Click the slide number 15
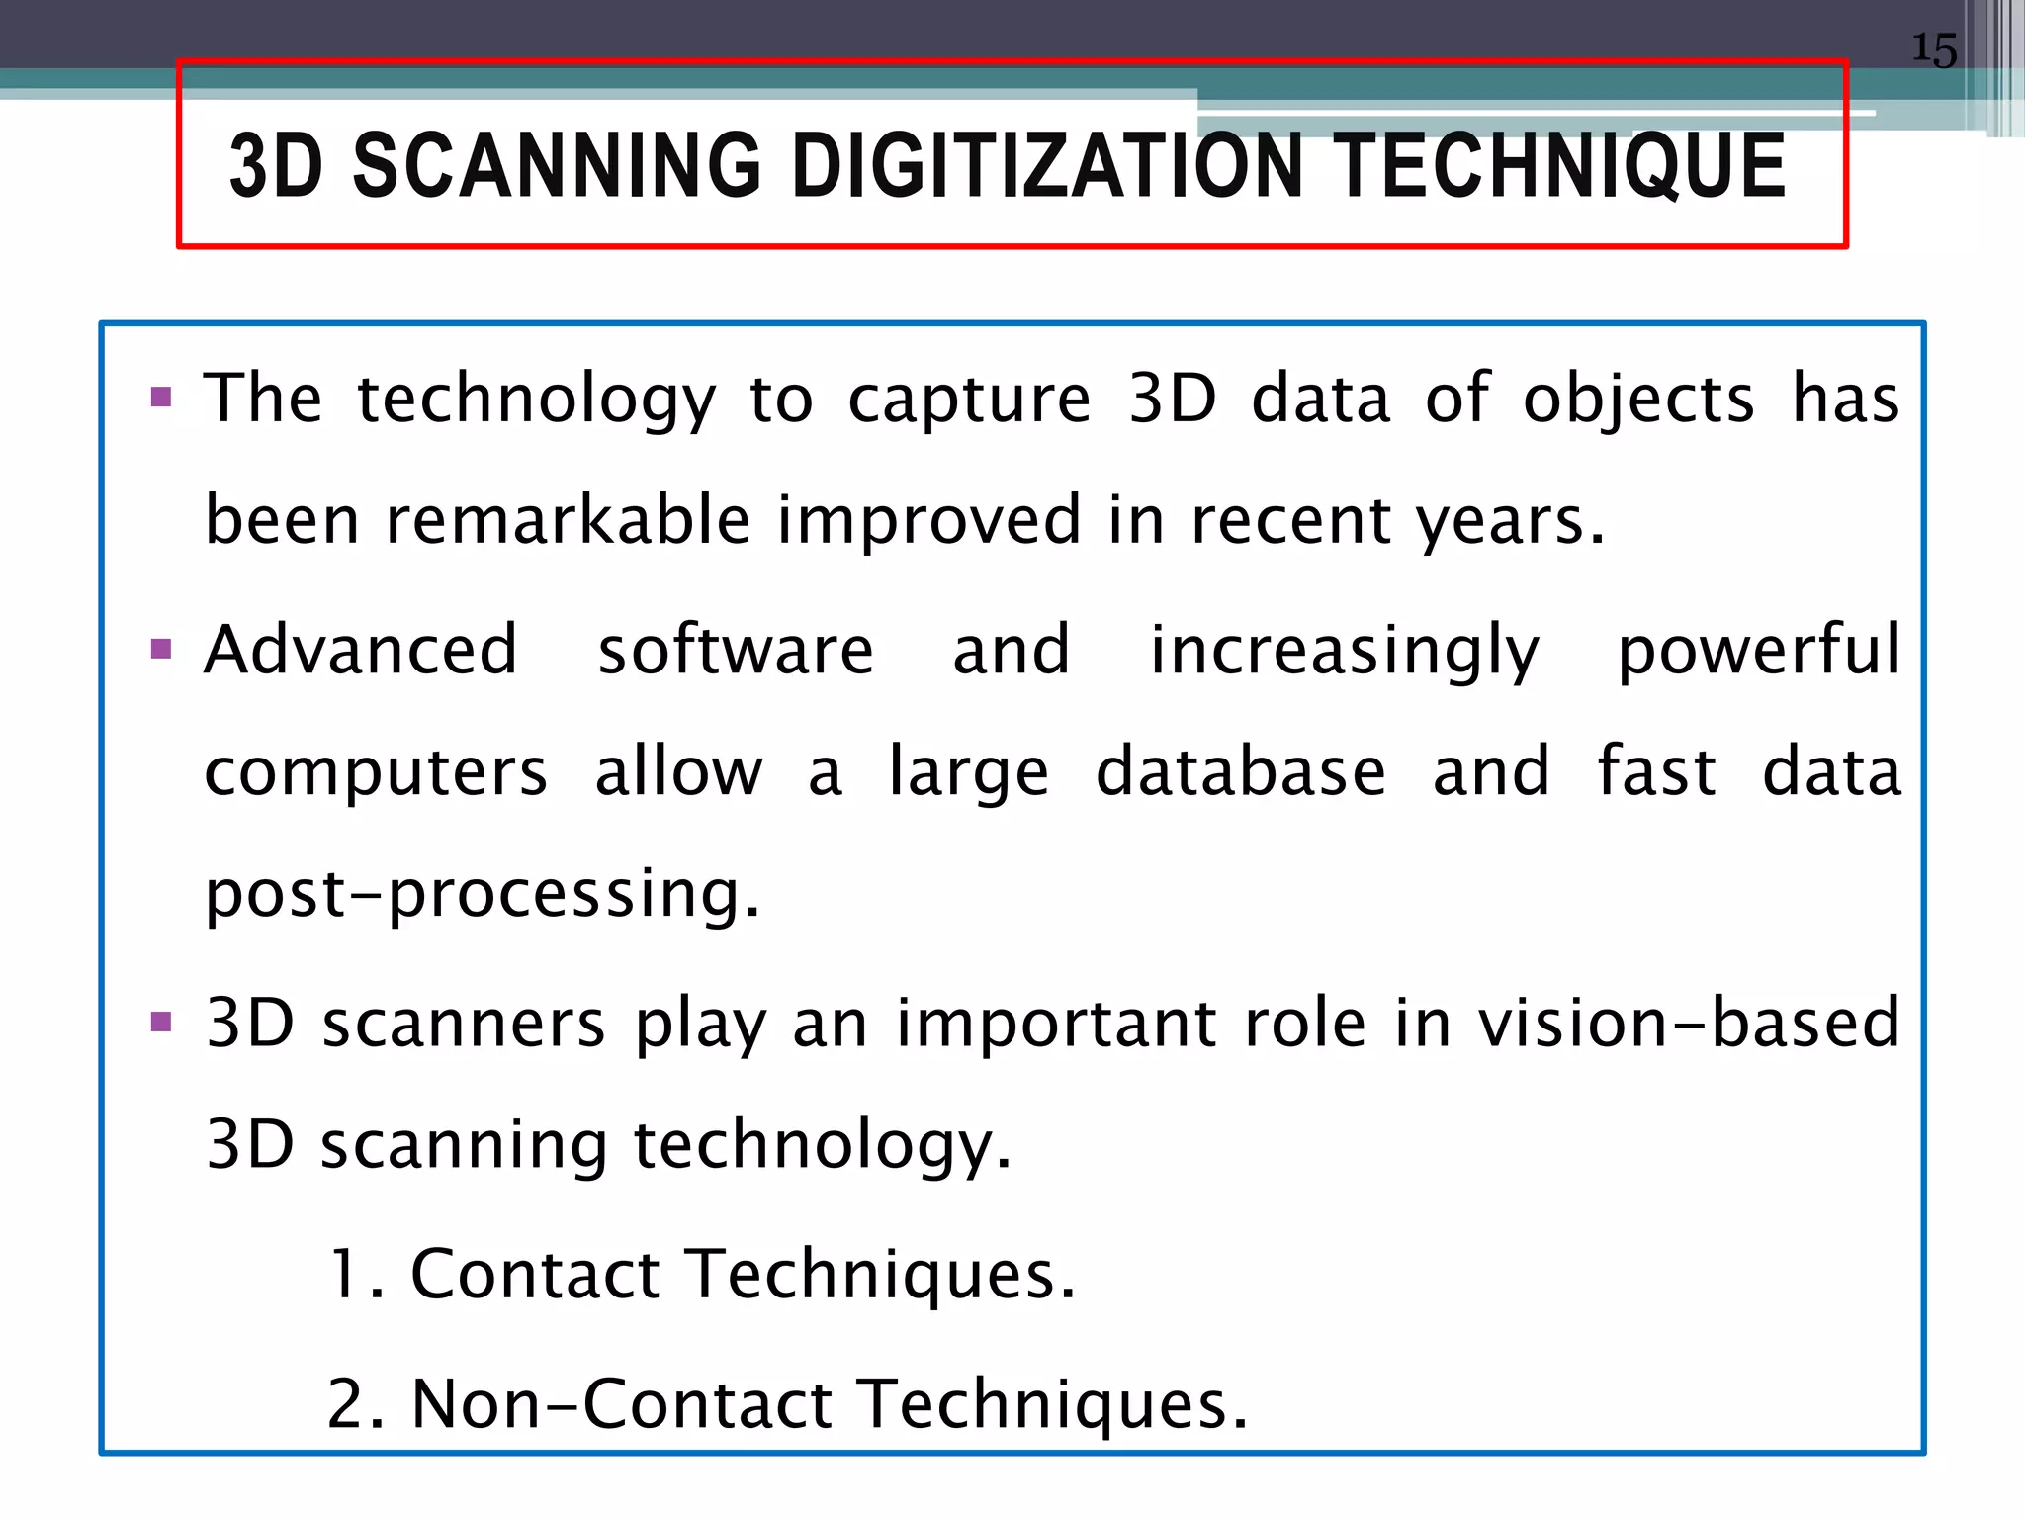coord(1933,49)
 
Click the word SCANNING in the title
coord(557,166)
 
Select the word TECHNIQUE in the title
coord(1562,166)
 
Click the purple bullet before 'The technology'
coord(161,399)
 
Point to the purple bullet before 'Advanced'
coord(161,650)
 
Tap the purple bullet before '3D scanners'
coord(161,1022)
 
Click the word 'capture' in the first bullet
coord(969,401)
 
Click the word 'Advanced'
coord(361,650)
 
